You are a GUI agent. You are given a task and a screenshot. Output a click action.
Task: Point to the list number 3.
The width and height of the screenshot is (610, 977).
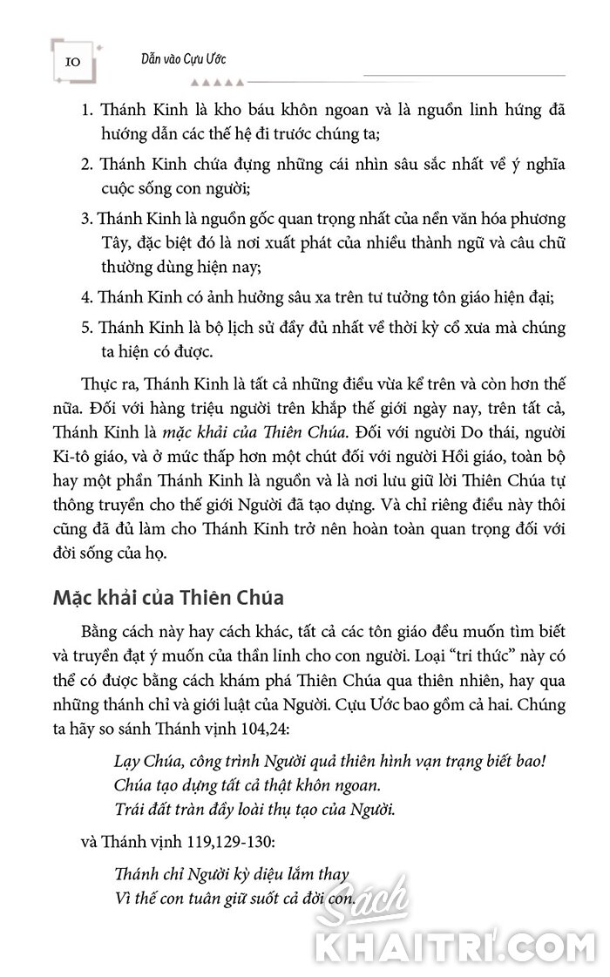86,218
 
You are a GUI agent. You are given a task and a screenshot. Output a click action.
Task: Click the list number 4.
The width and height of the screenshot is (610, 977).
86,297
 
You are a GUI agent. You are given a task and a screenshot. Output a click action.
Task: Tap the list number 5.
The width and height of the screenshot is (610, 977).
86,329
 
